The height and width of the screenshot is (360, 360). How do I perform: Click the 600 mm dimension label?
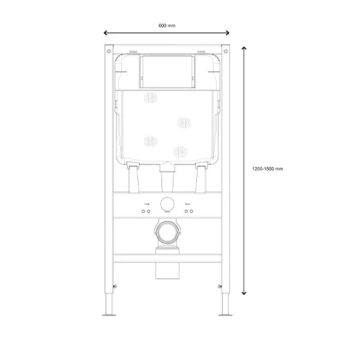(167, 25)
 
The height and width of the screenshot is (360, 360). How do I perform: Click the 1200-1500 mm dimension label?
(268, 169)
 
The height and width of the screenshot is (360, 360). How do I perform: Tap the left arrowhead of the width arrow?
(106, 33)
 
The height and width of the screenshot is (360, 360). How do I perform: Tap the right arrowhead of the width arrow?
(227, 33)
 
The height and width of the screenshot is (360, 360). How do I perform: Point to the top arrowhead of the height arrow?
(244, 48)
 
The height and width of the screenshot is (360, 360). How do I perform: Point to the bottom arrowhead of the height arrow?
(244, 293)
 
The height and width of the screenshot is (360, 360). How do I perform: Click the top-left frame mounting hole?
(109, 51)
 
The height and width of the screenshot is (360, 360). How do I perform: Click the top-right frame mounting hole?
(226, 51)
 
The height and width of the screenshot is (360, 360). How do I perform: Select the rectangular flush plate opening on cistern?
(167, 71)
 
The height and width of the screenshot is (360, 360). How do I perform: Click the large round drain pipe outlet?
(167, 232)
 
